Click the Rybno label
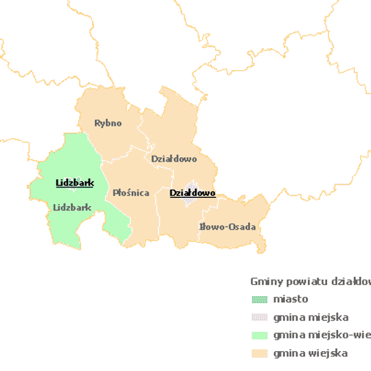pyautogui.click(x=108, y=123)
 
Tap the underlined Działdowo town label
pyautogui.click(x=192, y=193)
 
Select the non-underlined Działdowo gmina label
pyautogui.click(x=174, y=159)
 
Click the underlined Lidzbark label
pyautogui.click(x=74, y=183)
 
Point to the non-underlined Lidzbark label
pyautogui.click(x=72, y=207)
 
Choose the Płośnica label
pyautogui.click(x=131, y=193)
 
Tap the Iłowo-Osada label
pyautogui.click(x=227, y=227)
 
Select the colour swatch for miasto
pyautogui.click(x=259, y=300)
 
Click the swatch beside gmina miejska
pyautogui.click(x=259, y=317)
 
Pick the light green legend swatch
pyautogui.click(x=259, y=335)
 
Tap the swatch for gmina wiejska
pyautogui.click(x=259, y=353)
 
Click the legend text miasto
pyautogui.click(x=290, y=299)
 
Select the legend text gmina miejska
pyautogui.click(x=311, y=317)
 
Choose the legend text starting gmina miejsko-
pyautogui.click(x=321, y=335)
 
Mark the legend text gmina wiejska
pyautogui.click(x=310, y=353)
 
